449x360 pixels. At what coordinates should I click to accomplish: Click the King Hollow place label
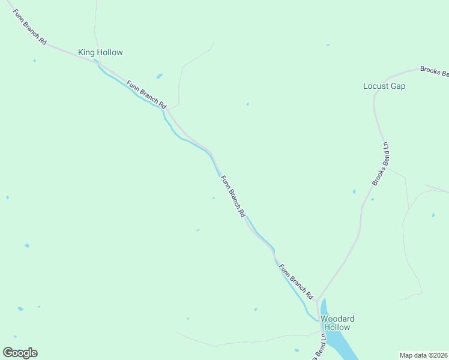(100, 53)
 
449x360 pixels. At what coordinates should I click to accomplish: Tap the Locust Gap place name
(384, 86)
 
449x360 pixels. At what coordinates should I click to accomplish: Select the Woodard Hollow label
(337, 323)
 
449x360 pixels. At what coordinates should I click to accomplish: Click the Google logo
(20, 353)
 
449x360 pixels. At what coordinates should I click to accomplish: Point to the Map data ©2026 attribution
(424, 355)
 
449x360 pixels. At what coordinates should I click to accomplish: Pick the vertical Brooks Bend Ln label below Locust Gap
(381, 163)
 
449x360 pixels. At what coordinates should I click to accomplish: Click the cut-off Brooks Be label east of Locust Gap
(434, 71)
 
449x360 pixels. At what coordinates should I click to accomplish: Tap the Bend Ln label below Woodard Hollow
(318, 347)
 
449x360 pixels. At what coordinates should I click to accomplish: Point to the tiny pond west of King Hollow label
(34, 61)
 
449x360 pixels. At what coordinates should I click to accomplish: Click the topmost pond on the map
(327, 44)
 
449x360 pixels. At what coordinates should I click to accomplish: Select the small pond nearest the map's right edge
(433, 215)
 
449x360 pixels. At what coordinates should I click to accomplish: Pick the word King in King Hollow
(86, 53)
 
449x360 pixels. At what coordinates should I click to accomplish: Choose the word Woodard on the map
(337, 319)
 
